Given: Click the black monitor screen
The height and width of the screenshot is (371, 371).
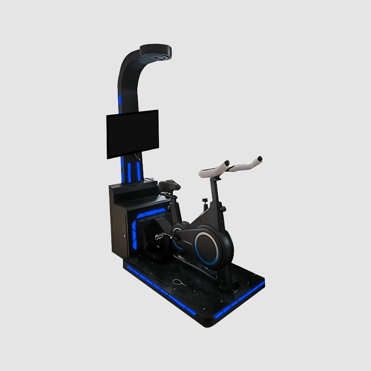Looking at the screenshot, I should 132,134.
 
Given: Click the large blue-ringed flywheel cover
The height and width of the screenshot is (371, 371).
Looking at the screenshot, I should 207,248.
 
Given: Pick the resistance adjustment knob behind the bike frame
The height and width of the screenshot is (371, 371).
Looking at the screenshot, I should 205,202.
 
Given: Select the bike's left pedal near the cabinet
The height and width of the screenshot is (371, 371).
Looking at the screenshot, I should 160,236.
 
